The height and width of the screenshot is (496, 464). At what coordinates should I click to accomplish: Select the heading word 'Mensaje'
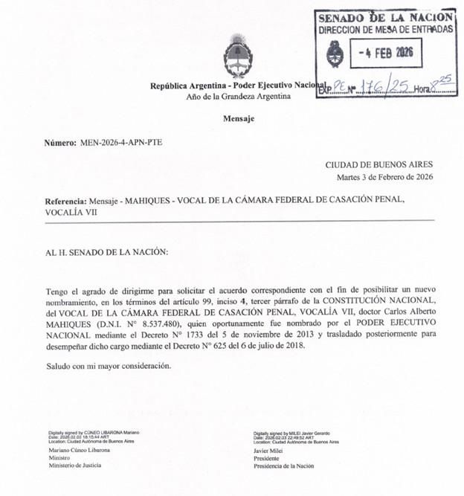pyautogui.click(x=238, y=118)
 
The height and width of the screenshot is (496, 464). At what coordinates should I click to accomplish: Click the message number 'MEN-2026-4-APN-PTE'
pyautogui.click(x=120, y=142)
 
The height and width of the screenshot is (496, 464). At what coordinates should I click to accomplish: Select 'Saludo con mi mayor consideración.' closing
pyautogui.click(x=108, y=366)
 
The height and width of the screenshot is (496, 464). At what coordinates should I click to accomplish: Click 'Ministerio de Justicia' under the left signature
pyautogui.click(x=74, y=466)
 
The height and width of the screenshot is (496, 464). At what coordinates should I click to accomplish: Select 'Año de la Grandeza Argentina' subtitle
pyautogui.click(x=238, y=98)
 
